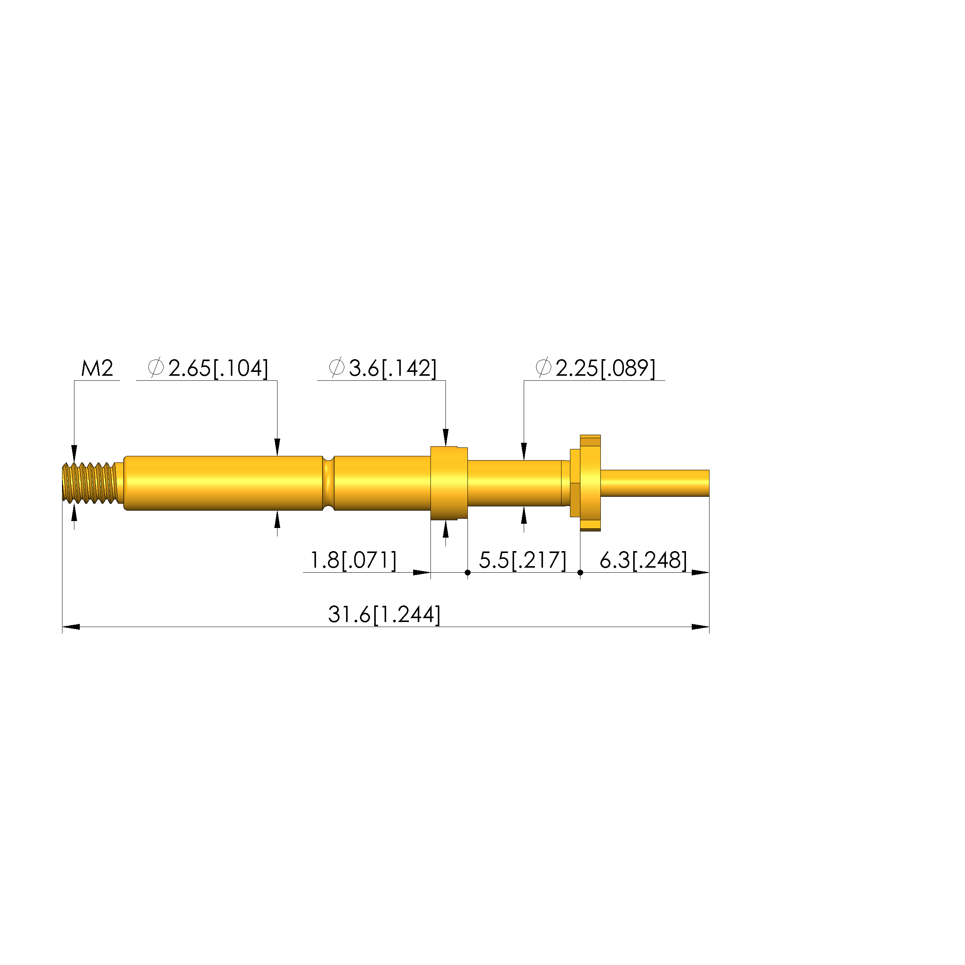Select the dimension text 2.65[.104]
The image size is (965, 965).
tap(218, 368)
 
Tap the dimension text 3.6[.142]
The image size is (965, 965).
tap(393, 368)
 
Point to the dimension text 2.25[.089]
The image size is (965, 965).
tap(605, 368)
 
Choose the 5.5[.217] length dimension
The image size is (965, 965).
tap(523, 560)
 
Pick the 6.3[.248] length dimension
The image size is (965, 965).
tap(643, 560)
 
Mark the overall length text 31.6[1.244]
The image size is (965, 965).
tap(384, 615)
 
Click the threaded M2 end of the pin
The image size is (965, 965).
tap(90, 483)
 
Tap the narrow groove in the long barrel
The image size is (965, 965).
tap(328, 483)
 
